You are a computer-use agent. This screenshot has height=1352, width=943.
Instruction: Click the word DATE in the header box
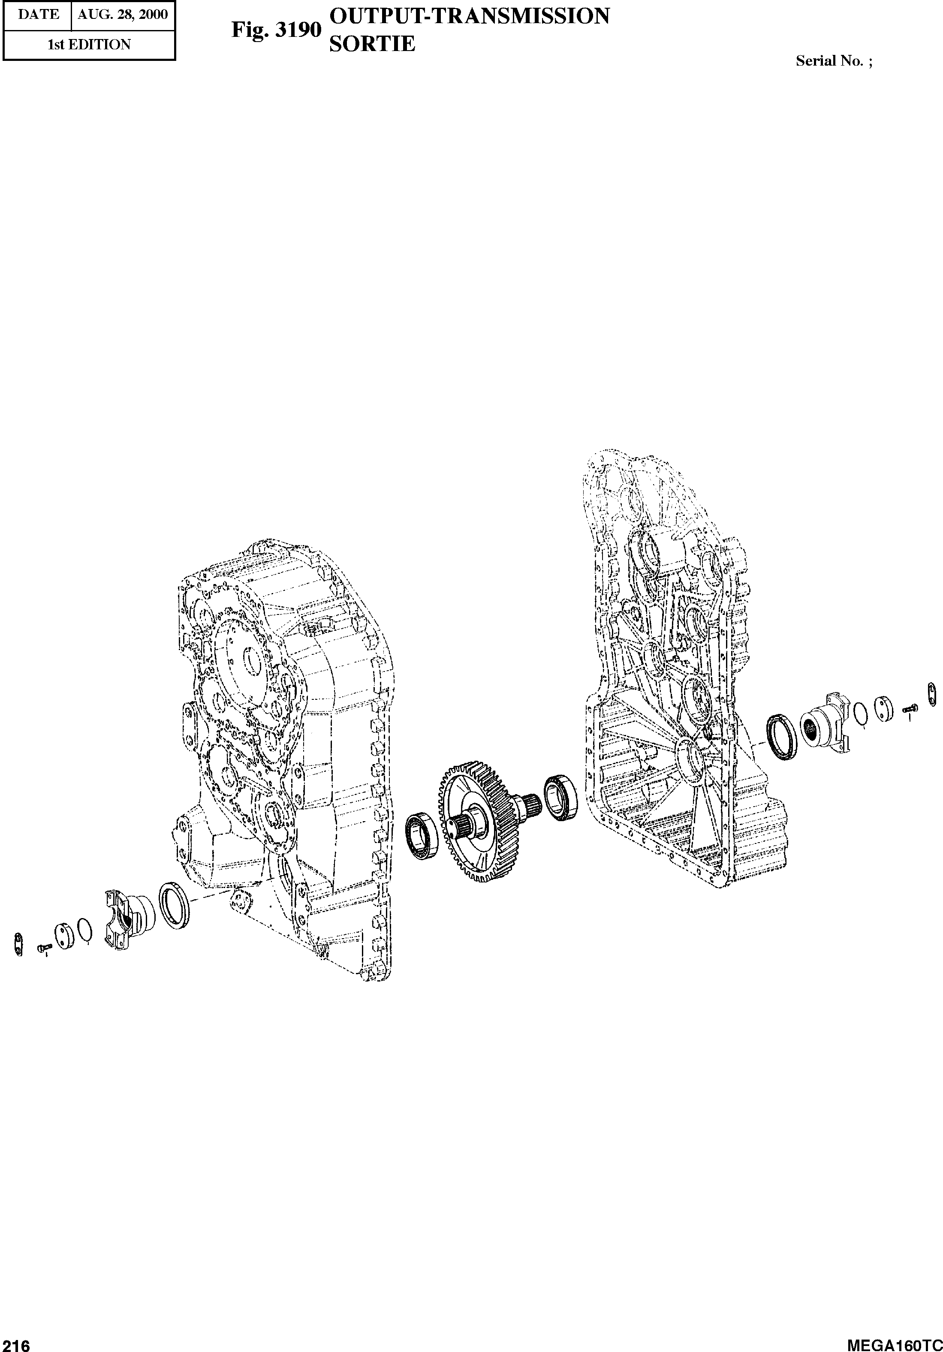click(x=38, y=15)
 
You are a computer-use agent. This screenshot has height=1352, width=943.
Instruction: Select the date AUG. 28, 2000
click(x=123, y=15)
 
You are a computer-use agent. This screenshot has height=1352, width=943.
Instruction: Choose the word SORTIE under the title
click(x=372, y=44)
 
